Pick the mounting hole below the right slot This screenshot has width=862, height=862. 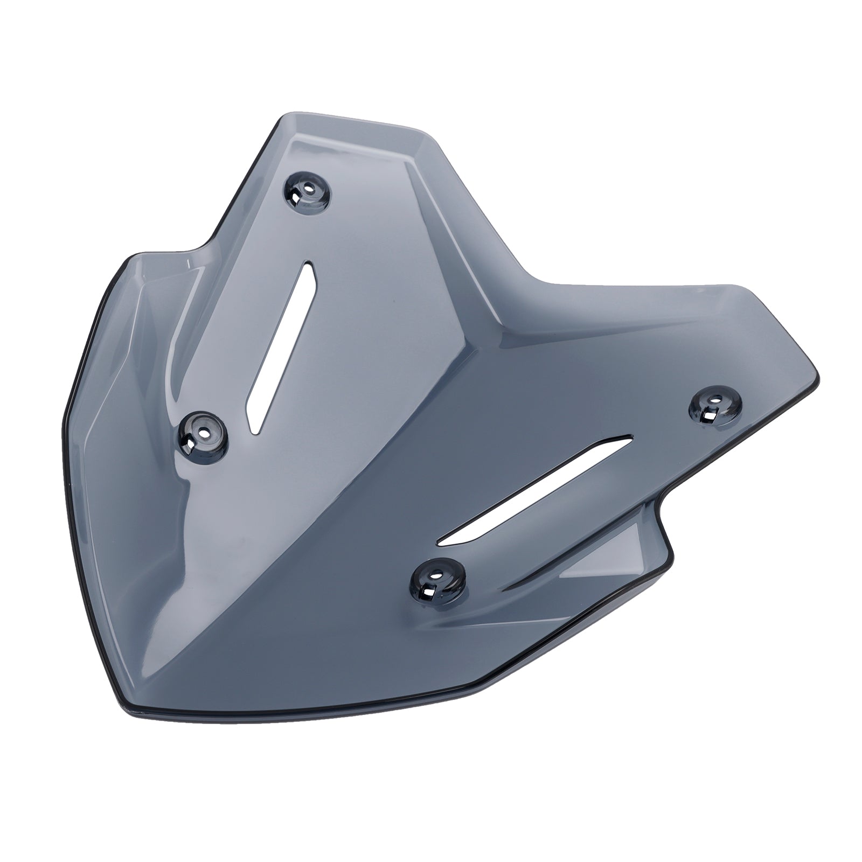(x=437, y=578)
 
